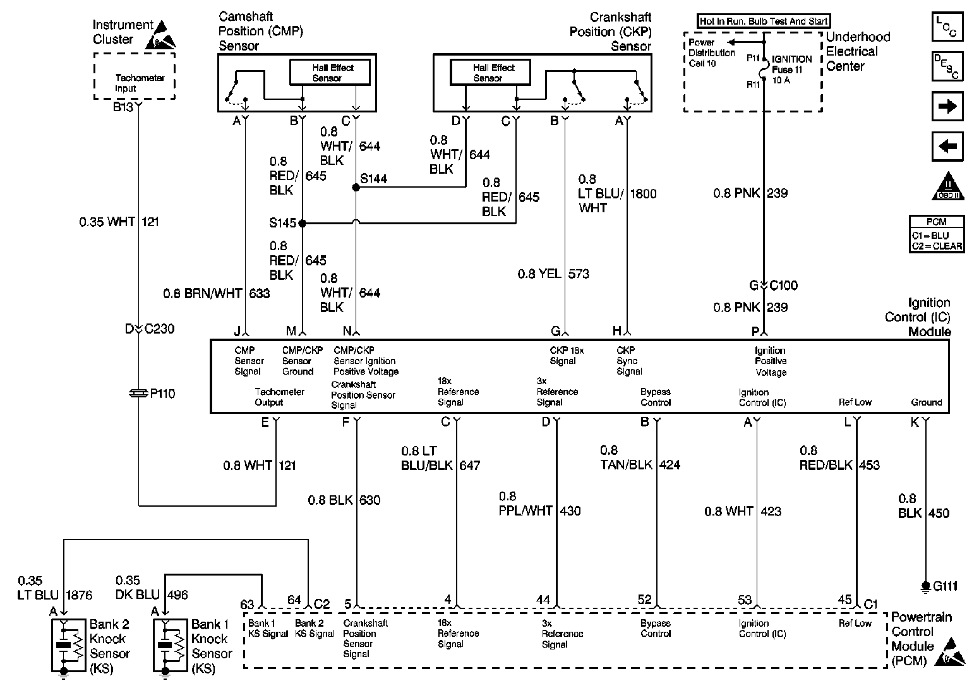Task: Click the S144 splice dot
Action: pos(356,188)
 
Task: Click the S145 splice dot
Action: pos(302,223)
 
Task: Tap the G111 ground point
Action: pos(925,586)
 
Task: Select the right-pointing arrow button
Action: pos(947,106)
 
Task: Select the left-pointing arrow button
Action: pos(947,147)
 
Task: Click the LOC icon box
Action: pos(947,27)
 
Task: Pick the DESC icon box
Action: pos(947,66)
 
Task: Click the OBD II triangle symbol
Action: pos(947,186)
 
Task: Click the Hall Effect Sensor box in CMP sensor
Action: pos(330,73)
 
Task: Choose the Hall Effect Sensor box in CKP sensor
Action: pos(490,73)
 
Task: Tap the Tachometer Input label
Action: pos(140,83)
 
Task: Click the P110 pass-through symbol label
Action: pos(162,394)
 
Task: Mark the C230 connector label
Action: pos(160,329)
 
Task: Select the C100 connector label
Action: pos(783,286)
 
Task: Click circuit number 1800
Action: pos(643,194)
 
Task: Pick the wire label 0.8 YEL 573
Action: pos(553,274)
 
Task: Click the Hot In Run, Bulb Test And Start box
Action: pos(764,21)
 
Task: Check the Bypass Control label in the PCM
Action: pos(656,628)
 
